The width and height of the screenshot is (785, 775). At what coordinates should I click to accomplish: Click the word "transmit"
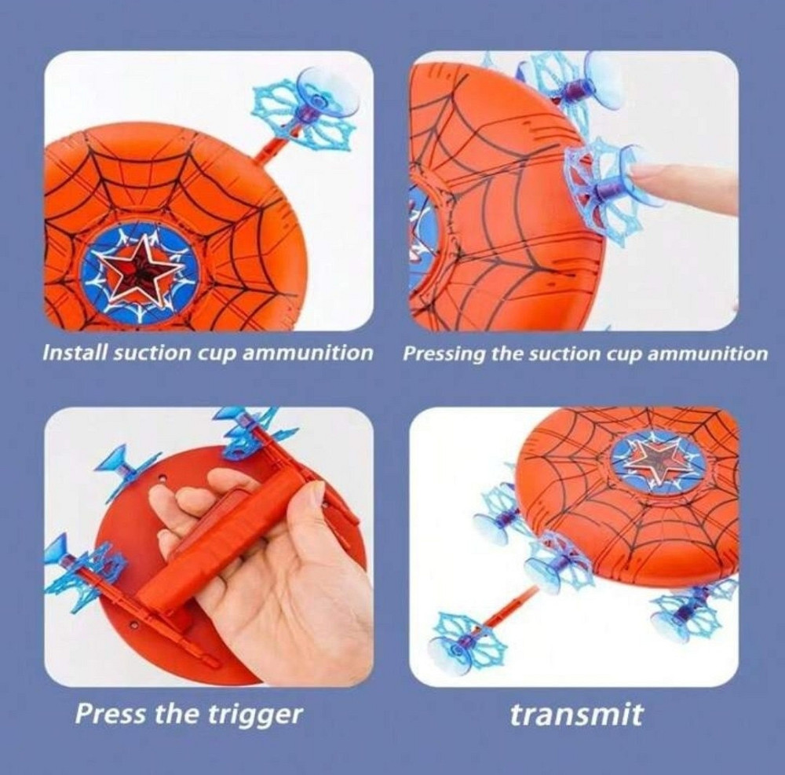pos(576,715)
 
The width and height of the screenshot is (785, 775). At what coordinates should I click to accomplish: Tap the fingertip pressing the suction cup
pos(638,176)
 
